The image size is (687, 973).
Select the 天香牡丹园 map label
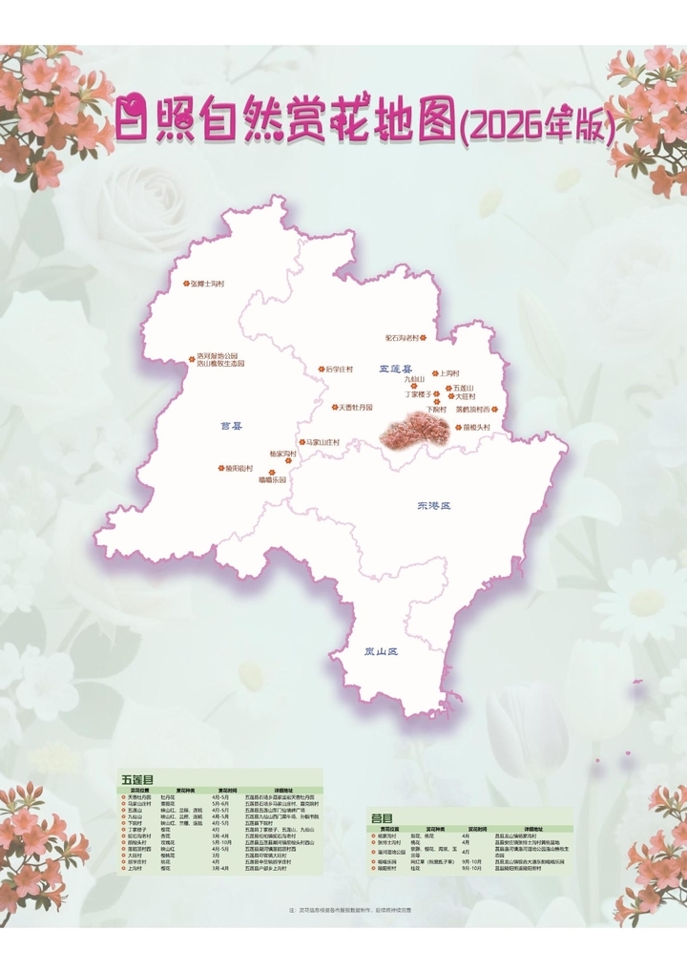point(355,408)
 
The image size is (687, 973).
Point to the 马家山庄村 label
point(322,443)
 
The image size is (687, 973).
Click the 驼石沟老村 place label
point(403,337)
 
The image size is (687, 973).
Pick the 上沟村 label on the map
point(448,373)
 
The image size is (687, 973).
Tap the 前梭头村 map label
point(477,428)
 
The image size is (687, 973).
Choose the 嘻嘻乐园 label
point(272,480)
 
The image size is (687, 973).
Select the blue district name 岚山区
point(381,651)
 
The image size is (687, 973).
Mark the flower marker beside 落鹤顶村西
point(494,410)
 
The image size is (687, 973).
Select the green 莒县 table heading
point(382,818)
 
